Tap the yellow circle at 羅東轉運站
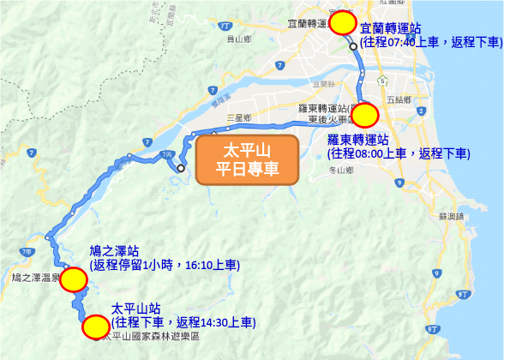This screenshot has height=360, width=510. (365, 114)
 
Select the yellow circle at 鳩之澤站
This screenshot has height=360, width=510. (74, 279)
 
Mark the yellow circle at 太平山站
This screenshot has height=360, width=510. (95, 326)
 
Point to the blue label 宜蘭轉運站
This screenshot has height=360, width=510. (390, 28)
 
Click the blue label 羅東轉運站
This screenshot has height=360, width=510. (358, 139)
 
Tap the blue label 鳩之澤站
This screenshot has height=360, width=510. (114, 251)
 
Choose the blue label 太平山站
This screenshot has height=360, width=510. (136, 308)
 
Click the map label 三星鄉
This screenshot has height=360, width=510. (237, 117)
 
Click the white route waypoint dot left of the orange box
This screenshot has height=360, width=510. (181, 168)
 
